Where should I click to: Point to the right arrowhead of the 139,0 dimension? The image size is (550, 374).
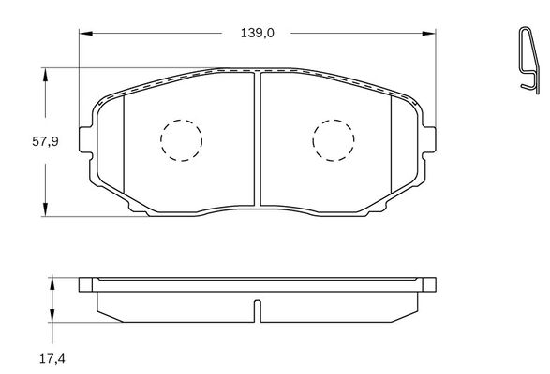point(432,33)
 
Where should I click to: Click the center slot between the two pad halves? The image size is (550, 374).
point(257,140)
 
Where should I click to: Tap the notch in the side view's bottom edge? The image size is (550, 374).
point(257,310)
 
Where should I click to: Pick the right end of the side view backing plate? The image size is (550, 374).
point(431,284)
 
